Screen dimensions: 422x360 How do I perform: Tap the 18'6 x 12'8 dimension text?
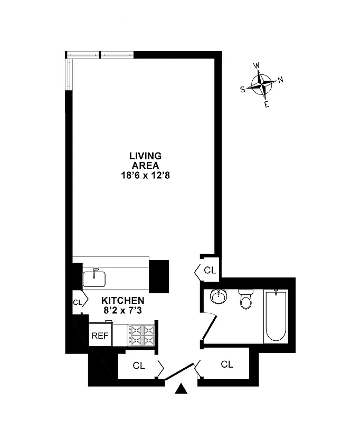pyautogui.click(x=145, y=175)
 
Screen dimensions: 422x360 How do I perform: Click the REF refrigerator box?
pyautogui.click(x=100, y=335)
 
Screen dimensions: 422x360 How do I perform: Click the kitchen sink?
pyautogui.click(x=95, y=277)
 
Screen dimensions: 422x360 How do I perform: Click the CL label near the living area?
pyautogui.click(x=210, y=271)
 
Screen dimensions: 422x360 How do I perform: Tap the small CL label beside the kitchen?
pyautogui.click(x=78, y=302)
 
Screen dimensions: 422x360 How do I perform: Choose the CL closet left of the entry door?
pyautogui.click(x=139, y=365)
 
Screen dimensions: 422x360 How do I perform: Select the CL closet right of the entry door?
pyautogui.click(x=227, y=364)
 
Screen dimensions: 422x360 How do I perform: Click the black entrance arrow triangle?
pyautogui.click(x=182, y=390)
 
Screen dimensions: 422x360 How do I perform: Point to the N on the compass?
pyautogui.click(x=281, y=80)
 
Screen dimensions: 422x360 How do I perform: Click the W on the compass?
pyautogui.click(x=257, y=65)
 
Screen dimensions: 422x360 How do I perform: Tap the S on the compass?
pyautogui.click(x=243, y=90)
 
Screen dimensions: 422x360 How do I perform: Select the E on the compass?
pyautogui.click(x=267, y=104)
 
